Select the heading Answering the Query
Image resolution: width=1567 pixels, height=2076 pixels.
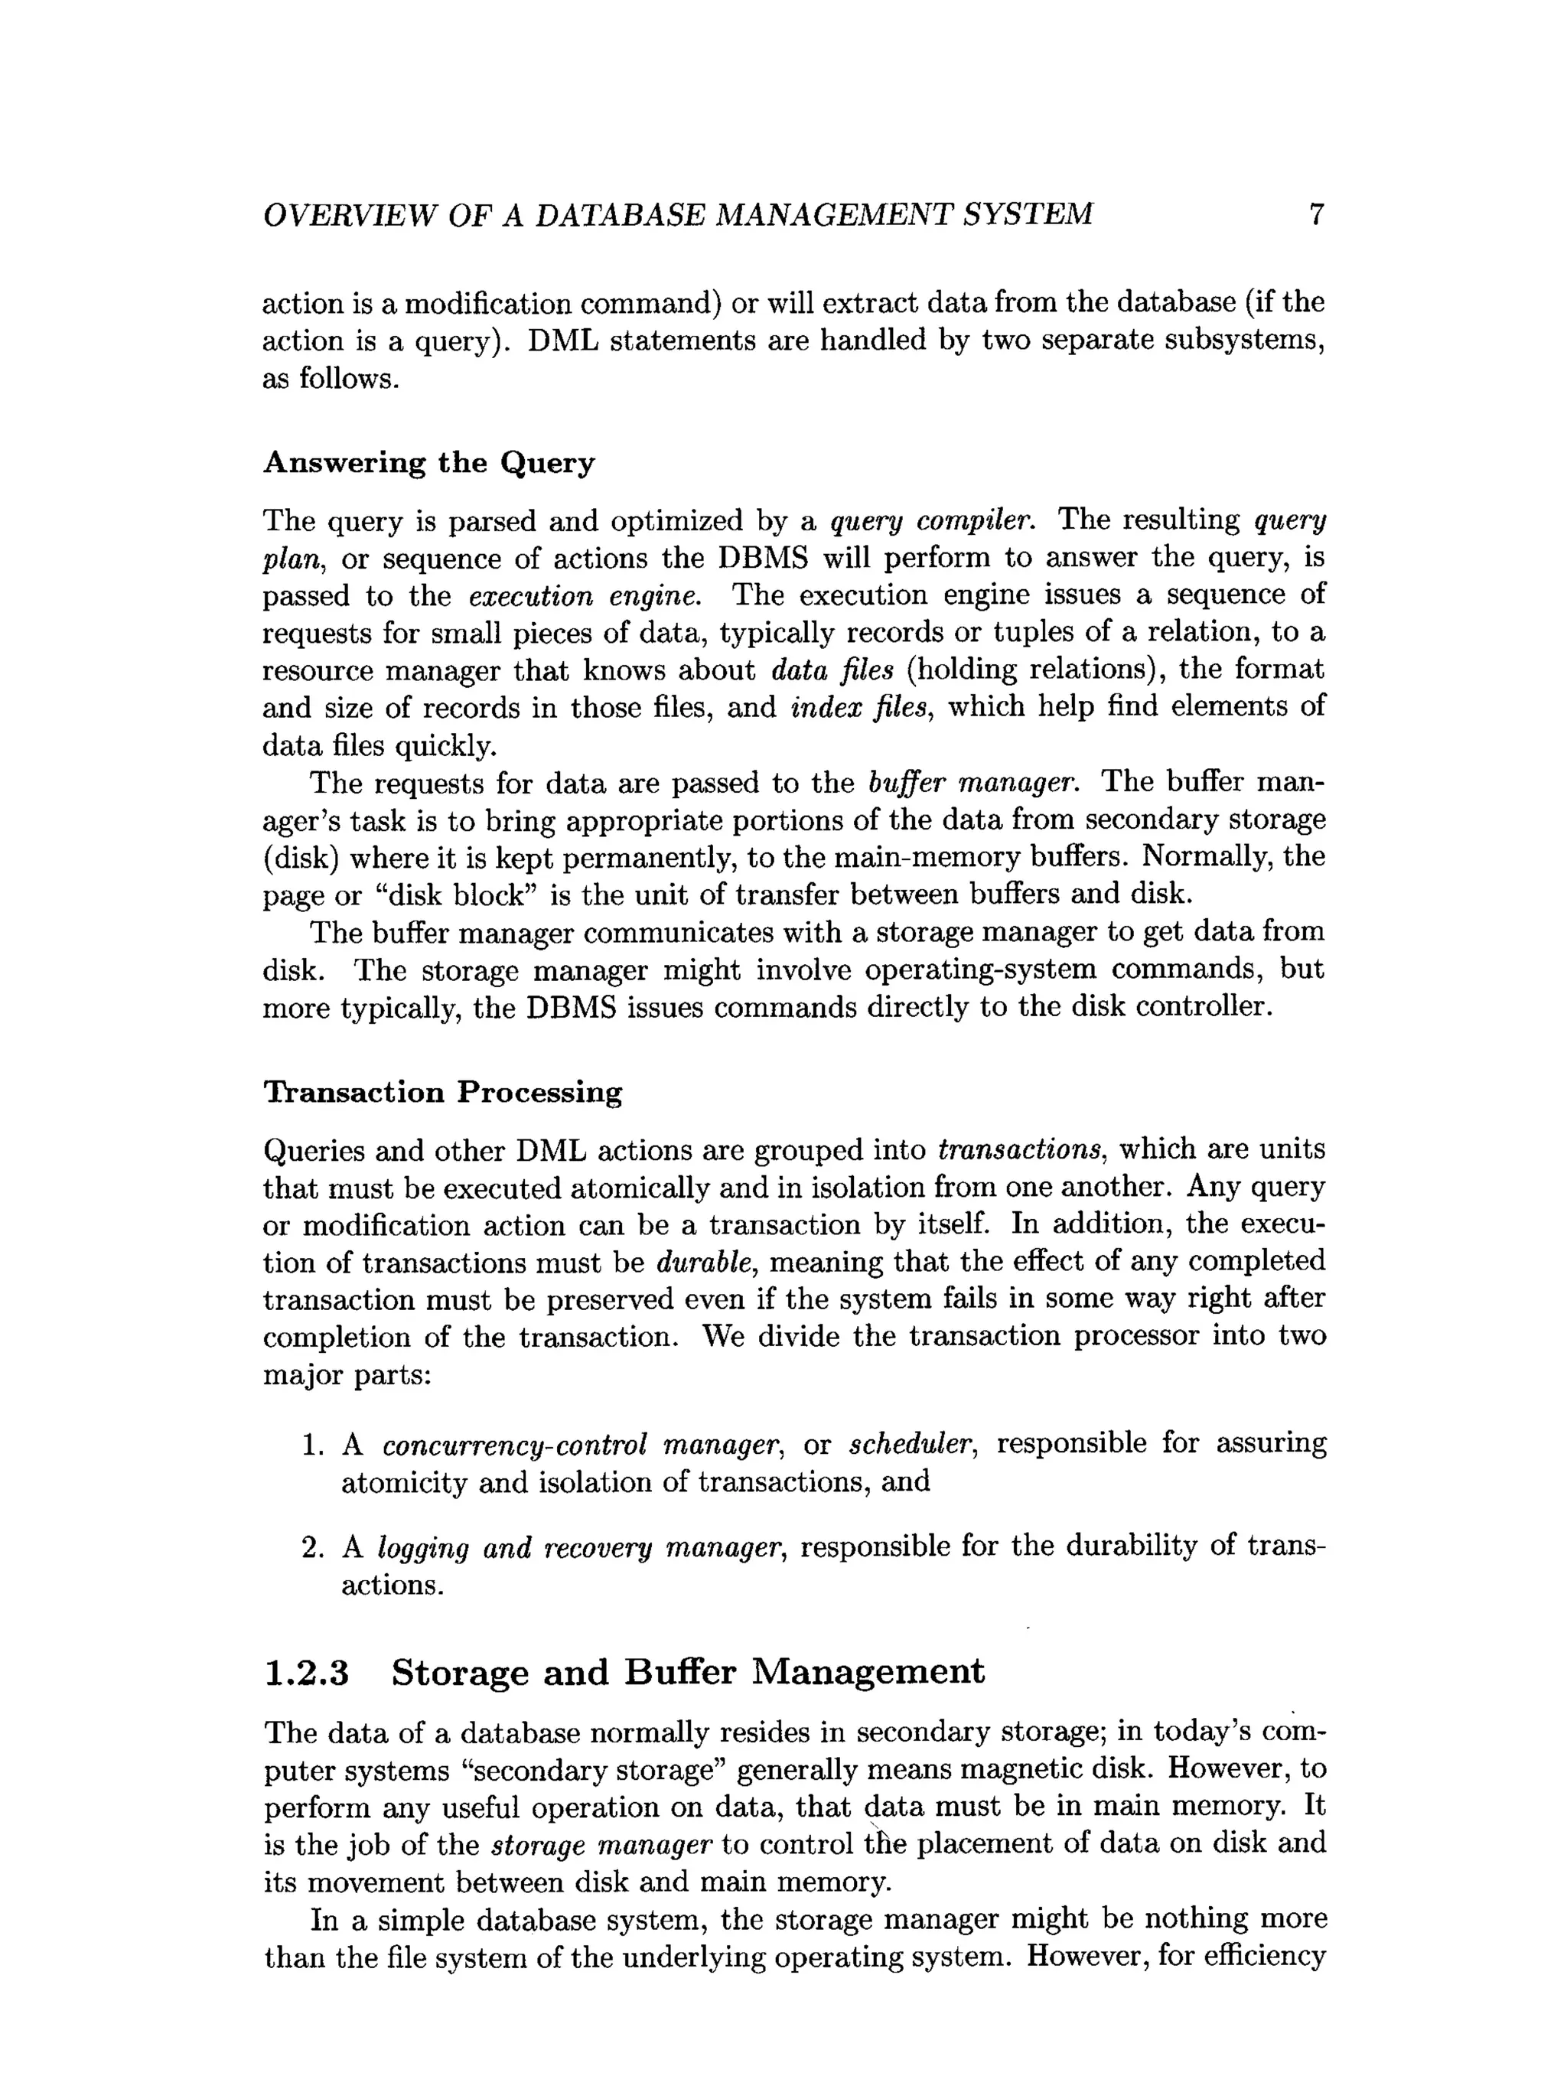pos(428,463)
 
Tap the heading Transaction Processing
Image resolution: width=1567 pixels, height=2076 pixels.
pos(442,1093)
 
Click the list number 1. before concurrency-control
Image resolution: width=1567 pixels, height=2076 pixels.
pos(312,1445)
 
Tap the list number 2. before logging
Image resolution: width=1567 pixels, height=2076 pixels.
pos(312,1546)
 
